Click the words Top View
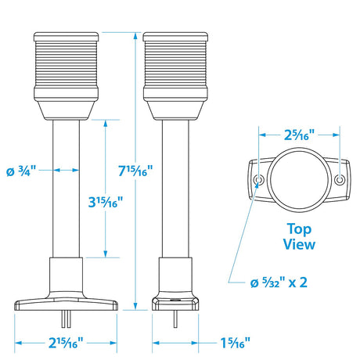pyautogui.click(x=299, y=237)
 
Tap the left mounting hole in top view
pyautogui.click(x=259, y=181)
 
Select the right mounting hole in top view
pyautogui.click(x=339, y=181)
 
